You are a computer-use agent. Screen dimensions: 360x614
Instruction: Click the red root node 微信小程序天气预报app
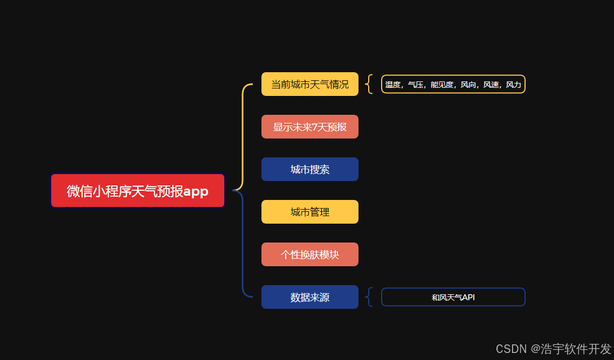coord(137,191)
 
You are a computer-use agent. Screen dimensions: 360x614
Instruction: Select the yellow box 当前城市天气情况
coord(310,84)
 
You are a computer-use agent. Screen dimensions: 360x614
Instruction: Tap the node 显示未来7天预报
coord(310,127)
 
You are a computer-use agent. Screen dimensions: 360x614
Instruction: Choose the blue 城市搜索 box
coord(310,169)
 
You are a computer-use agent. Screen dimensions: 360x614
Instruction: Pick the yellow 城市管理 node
coord(310,212)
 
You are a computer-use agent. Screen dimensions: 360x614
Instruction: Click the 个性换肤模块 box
coord(310,254)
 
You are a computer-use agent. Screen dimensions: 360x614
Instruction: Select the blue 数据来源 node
coord(310,297)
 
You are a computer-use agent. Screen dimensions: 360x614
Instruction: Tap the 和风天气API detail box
coord(453,297)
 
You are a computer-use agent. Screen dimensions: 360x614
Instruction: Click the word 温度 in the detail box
coord(392,85)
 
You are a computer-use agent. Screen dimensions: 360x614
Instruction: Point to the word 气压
coord(415,85)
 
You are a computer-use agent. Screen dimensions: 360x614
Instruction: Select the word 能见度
coord(441,85)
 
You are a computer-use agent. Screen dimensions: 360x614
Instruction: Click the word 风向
coord(468,85)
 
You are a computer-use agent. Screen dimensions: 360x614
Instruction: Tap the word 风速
coord(491,85)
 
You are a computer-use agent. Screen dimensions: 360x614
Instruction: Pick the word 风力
coord(513,85)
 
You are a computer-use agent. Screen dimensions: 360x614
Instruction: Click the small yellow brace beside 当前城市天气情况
coord(369,84)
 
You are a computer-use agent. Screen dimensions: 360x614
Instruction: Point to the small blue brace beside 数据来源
coord(369,297)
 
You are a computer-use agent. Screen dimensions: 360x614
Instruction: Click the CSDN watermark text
coord(553,349)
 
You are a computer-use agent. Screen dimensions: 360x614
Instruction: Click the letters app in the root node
coord(196,191)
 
